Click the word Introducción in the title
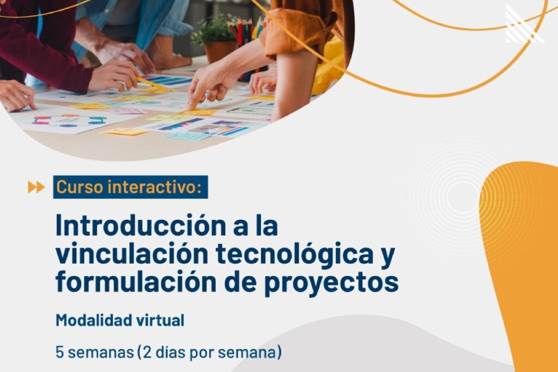pyautogui.click(x=141, y=226)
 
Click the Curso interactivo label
pyautogui.click(x=131, y=187)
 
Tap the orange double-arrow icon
pyautogui.click(x=37, y=187)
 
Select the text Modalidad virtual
pyautogui.click(x=120, y=320)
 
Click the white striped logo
pyautogui.click(x=524, y=24)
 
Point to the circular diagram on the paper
pyautogui.click(x=69, y=120)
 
